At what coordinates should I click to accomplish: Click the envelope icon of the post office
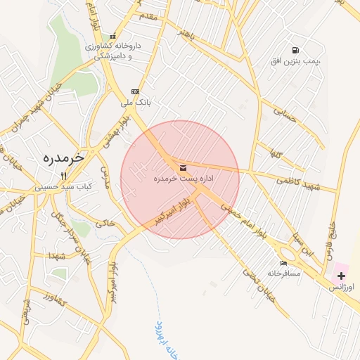click(x=184, y=167)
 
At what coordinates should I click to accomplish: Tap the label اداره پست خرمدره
click(x=184, y=179)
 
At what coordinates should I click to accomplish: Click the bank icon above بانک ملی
click(x=135, y=91)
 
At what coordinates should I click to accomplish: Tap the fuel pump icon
click(x=295, y=50)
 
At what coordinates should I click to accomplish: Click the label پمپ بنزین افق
click(x=295, y=62)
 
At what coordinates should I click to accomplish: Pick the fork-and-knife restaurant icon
click(x=63, y=176)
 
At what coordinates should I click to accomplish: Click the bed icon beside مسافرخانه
click(x=283, y=263)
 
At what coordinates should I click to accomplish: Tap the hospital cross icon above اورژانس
click(x=341, y=276)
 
